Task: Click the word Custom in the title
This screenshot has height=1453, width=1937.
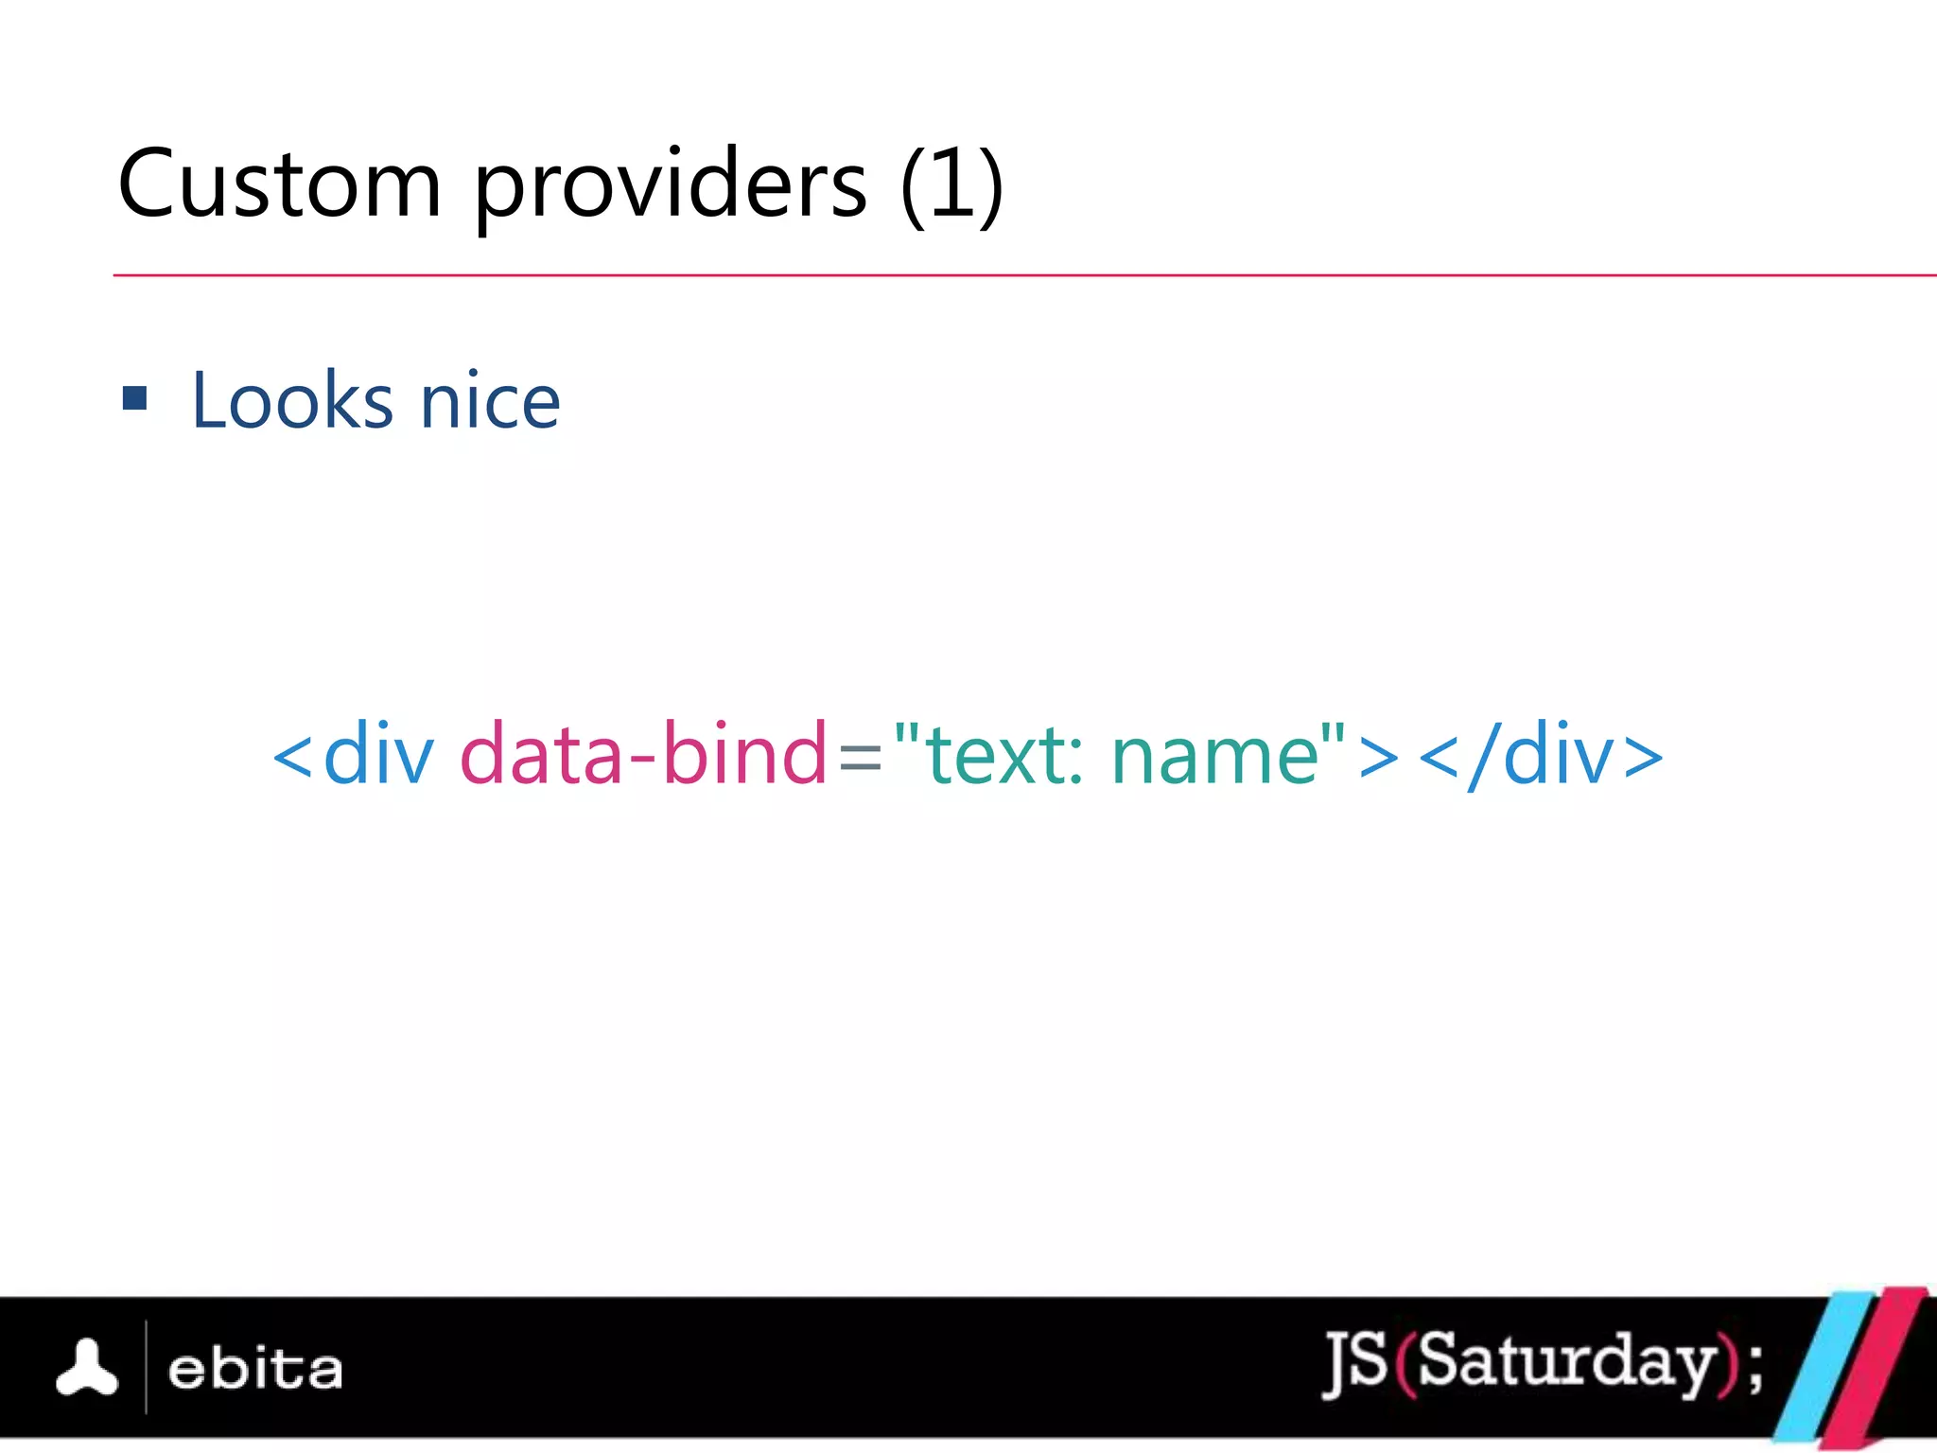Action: (280, 184)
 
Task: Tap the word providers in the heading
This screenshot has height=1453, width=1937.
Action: (670, 186)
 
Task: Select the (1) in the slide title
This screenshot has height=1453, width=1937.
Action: (951, 184)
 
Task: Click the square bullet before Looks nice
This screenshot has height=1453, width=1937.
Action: (135, 398)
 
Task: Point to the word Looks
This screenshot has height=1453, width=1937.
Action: (292, 401)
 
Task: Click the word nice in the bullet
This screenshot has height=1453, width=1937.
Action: (490, 402)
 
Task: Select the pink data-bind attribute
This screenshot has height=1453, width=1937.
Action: (643, 754)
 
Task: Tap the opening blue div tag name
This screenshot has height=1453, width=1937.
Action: (378, 754)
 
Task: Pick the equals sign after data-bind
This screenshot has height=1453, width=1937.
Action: (860, 758)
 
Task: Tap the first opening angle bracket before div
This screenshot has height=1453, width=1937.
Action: (292, 758)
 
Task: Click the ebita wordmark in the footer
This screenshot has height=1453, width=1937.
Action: (255, 1369)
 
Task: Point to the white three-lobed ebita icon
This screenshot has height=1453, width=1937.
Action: (87, 1368)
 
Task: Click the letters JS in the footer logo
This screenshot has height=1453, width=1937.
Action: (1356, 1362)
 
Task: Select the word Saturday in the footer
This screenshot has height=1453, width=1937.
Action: (1566, 1362)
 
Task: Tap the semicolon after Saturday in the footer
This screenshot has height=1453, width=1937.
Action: (1755, 1367)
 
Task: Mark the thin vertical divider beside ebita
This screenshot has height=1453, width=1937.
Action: (147, 1367)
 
